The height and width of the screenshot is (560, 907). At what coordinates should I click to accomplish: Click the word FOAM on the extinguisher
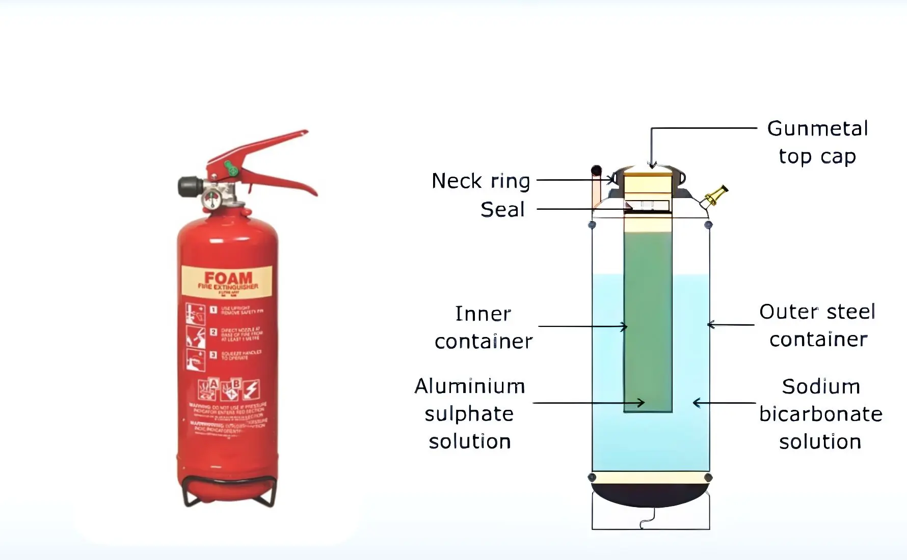click(228, 278)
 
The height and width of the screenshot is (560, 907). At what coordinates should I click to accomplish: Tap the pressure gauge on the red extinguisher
click(210, 199)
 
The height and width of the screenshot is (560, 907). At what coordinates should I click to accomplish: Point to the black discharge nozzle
click(188, 186)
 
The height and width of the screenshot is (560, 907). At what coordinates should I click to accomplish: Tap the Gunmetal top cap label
click(817, 142)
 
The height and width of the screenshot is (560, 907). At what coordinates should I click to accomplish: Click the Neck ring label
click(481, 181)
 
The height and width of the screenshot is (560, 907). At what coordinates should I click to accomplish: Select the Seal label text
click(502, 209)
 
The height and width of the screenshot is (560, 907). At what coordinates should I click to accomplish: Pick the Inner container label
click(483, 327)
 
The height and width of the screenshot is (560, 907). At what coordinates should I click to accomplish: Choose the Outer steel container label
click(818, 325)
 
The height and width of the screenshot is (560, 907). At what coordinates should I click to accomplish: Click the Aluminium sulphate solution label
click(469, 413)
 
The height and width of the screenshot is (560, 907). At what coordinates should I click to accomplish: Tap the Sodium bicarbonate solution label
click(820, 414)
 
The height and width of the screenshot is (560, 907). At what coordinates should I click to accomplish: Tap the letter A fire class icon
click(214, 383)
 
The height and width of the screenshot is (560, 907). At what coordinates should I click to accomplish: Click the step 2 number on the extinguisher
click(214, 332)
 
